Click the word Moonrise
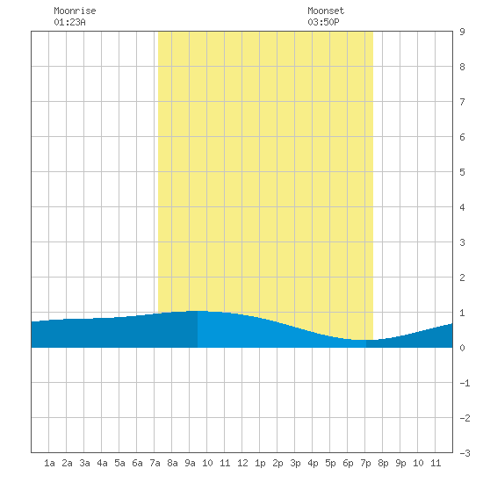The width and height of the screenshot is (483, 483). [x=75, y=11]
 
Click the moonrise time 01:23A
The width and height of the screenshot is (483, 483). [x=69, y=22]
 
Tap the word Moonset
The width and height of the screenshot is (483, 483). [x=326, y=11]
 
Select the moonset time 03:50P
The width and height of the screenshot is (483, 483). [x=323, y=22]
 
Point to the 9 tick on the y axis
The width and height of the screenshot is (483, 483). [x=462, y=32]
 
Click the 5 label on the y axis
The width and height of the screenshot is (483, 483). [x=462, y=172]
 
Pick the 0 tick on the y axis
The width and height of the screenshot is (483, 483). [x=462, y=348]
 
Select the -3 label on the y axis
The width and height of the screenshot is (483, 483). [x=465, y=453]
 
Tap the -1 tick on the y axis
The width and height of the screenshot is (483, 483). [x=465, y=383]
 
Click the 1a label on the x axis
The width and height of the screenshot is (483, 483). [x=49, y=463]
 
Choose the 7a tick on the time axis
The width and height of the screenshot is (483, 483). [x=155, y=463]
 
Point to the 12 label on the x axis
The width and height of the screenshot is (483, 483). [x=242, y=463]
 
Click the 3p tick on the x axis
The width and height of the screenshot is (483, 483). [x=295, y=463]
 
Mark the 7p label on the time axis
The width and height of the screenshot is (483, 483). [x=365, y=463]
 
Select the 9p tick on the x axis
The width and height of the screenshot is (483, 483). [x=400, y=463]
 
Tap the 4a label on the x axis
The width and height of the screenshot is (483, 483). [x=102, y=463]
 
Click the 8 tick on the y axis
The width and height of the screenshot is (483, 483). [x=462, y=67]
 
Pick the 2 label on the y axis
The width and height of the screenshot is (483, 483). [x=462, y=278]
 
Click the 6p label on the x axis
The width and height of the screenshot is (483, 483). [x=348, y=463]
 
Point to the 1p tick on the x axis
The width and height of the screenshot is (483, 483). [x=260, y=463]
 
